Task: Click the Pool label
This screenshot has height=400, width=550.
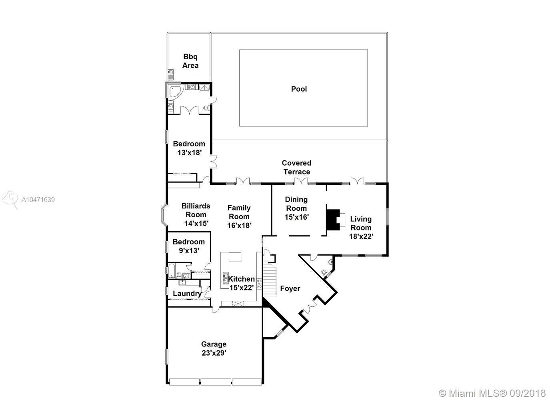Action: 299,89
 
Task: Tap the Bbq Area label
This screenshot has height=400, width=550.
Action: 190,61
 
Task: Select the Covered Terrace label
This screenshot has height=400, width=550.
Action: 297,167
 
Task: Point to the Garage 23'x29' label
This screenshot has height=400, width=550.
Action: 214,348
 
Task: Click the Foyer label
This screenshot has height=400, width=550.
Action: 290,288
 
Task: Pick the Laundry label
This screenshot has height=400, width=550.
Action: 187,294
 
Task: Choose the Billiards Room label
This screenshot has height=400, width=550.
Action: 196,210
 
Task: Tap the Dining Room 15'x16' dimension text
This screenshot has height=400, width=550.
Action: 297,217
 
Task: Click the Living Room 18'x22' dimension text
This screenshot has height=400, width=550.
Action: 361,236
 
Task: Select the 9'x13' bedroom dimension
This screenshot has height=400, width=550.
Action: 189,251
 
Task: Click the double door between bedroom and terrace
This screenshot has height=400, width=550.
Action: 214,161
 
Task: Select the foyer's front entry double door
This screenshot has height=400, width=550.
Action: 311,305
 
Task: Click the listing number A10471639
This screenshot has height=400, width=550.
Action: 38,200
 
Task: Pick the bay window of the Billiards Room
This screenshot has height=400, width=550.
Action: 164,215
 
